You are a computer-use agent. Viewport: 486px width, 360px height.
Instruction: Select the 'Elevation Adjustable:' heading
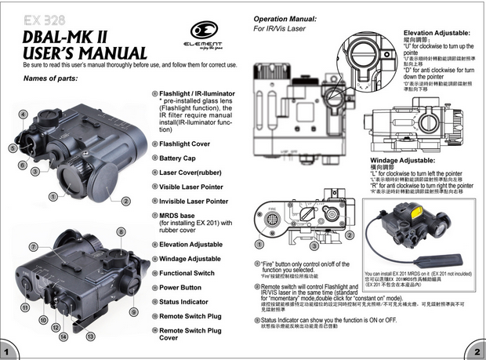click(436, 32)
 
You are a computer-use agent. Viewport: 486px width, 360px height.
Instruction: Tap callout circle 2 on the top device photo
click(125, 200)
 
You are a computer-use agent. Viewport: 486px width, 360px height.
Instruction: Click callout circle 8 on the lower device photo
click(121, 231)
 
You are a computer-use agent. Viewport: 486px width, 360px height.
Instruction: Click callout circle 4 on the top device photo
click(24, 115)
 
